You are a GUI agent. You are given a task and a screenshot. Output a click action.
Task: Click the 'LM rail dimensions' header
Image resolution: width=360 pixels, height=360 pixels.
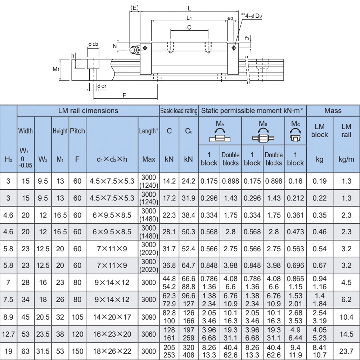(x=88, y=111)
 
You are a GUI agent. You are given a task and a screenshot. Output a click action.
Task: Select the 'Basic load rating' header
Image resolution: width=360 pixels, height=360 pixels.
(x=179, y=111)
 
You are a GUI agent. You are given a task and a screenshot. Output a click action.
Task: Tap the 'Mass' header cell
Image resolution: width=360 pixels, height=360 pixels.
(x=333, y=111)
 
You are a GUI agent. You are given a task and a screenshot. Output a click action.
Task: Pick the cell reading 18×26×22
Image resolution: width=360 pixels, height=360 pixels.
(x=112, y=350)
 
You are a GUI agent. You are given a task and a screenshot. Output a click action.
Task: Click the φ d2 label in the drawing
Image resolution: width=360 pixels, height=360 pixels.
(x=93, y=44)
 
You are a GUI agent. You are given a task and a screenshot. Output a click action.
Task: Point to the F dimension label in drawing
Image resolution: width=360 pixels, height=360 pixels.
(x=124, y=95)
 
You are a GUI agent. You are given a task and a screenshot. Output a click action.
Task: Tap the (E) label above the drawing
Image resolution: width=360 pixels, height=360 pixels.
(x=134, y=7)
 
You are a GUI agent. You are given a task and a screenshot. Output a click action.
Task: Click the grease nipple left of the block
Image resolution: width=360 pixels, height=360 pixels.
(x=135, y=49)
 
